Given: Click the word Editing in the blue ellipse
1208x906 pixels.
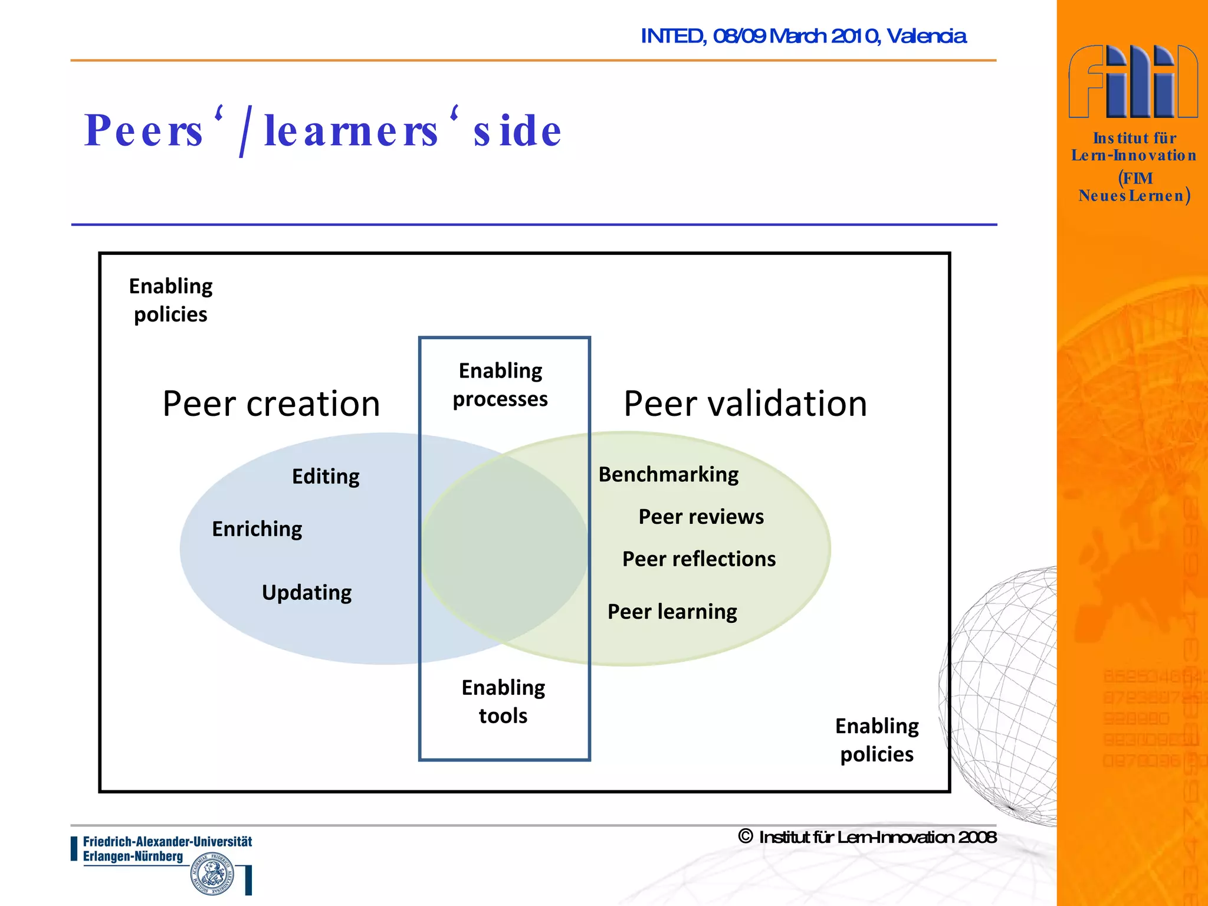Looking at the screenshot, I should [x=326, y=477].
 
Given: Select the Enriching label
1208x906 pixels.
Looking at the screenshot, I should [x=257, y=529].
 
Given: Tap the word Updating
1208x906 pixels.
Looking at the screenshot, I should [x=307, y=592].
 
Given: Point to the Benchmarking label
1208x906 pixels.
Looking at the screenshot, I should [x=668, y=475].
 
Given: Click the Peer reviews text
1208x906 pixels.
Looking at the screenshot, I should [x=701, y=517].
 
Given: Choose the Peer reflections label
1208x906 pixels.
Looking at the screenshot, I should [x=699, y=559].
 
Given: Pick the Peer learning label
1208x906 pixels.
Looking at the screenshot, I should [x=672, y=612].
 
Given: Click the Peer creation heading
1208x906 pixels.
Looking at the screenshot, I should [x=271, y=404].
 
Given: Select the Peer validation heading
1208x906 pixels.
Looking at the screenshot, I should [x=745, y=404].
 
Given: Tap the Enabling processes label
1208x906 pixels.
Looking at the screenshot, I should [x=500, y=385].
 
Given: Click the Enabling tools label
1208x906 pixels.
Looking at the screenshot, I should [x=503, y=701].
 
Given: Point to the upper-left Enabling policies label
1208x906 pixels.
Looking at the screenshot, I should [x=170, y=300].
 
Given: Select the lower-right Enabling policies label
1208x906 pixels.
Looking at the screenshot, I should [x=877, y=740].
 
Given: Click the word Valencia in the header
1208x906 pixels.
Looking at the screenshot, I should [x=926, y=37].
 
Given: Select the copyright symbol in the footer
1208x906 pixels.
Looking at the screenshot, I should [x=745, y=836].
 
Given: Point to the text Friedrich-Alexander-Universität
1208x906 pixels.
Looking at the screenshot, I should [x=167, y=842].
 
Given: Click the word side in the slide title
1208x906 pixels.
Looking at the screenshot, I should [x=517, y=131].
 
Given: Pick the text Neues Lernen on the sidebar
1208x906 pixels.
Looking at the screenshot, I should [x=1131, y=196].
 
